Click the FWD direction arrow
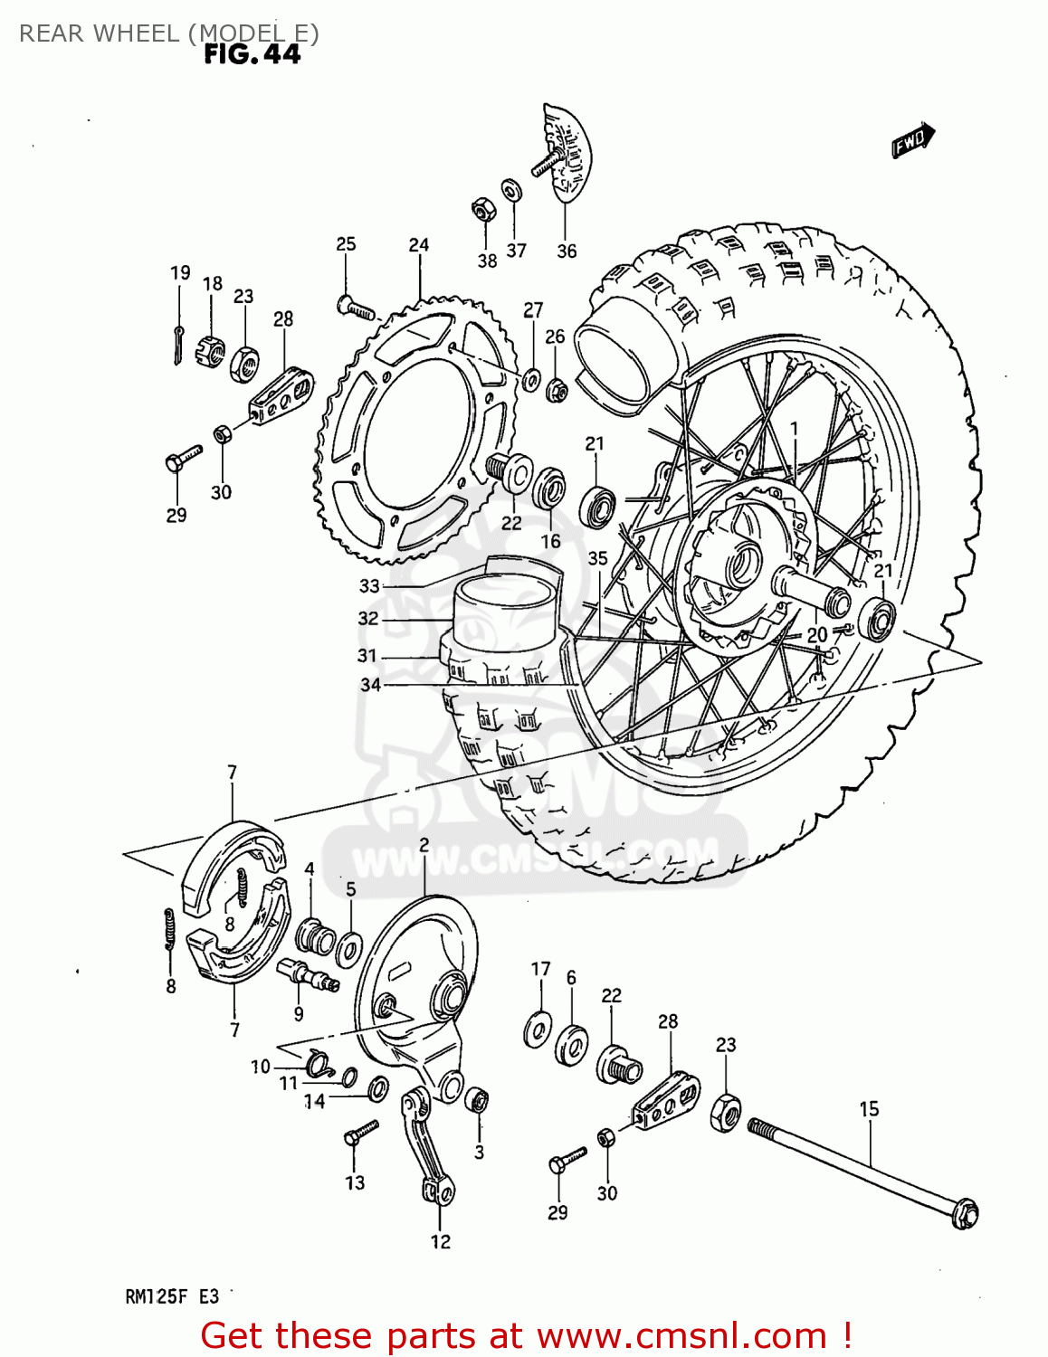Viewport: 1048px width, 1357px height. (912, 141)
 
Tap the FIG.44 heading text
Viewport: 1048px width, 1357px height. (252, 55)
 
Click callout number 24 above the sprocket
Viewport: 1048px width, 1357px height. (418, 245)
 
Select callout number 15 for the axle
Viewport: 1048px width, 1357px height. (869, 1108)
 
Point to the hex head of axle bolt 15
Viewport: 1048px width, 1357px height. (966, 1213)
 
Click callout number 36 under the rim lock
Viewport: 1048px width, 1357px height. (567, 251)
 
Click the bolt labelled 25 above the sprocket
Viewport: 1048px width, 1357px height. (355, 308)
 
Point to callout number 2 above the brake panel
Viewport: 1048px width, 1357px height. (424, 846)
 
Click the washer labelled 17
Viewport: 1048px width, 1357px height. (539, 1029)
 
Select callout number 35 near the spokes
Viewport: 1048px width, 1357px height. (597, 558)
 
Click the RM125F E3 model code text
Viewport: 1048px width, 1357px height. (172, 1296)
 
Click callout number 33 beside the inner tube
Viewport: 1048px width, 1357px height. (369, 585)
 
